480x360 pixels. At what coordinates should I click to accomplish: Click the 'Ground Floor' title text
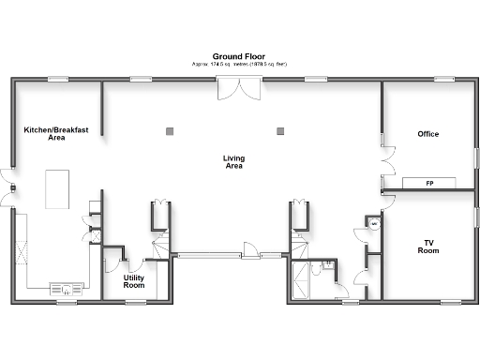(239, 55)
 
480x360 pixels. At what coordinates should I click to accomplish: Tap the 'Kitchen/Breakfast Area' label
(44, 133)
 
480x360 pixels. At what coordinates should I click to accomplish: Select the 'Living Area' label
(233, 162)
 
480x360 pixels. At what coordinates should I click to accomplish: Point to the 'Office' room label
(428, 134)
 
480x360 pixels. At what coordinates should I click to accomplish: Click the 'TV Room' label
(428, 247)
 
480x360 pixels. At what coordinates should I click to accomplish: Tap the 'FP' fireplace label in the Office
(429, 183)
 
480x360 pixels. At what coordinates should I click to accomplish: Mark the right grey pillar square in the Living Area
(279, 130)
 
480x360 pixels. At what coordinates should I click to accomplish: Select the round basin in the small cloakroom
(371, 225)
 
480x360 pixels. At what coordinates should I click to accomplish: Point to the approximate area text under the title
(239, 64)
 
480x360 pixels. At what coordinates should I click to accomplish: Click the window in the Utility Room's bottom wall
(136, 301)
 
